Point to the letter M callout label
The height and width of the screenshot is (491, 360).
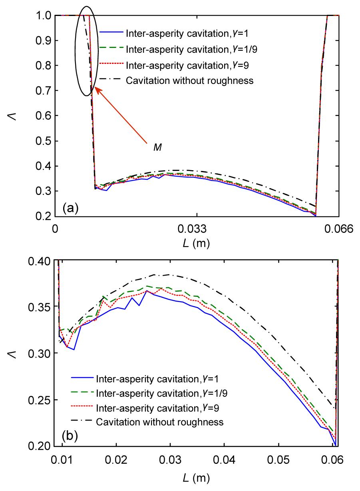click(158, 148)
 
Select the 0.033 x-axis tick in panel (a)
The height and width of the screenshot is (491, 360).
click(197, 229)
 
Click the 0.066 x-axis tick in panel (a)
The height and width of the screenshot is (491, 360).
click(339, 229)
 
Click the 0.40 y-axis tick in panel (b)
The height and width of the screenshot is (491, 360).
click(41, 261)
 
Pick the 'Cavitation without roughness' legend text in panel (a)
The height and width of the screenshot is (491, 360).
click(189, 81)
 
